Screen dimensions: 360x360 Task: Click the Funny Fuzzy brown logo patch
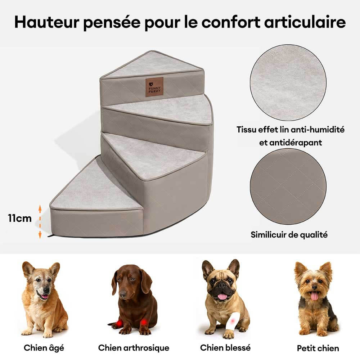(154, 87)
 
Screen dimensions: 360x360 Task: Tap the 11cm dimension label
(20, 218)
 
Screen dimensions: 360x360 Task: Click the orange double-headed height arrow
(40, 221)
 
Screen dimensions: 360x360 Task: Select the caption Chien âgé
(44, 348)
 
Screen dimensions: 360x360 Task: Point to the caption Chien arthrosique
(134, 348)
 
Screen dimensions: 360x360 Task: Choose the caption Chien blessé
(225, 347)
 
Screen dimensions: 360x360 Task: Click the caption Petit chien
(318, 348)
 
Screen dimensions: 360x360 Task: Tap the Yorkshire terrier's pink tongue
(314, 296)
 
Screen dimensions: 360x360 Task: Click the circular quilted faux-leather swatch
(288, 186)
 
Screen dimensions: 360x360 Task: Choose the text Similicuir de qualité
(289, 235)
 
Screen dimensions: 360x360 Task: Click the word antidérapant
(291, 143)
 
